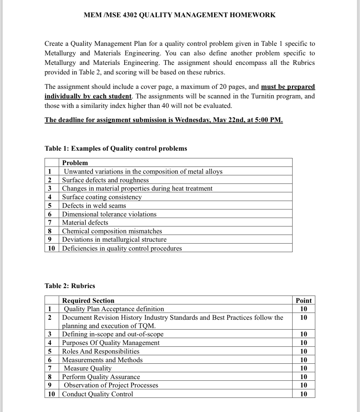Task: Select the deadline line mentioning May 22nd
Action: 163,120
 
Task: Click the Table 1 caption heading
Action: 116,149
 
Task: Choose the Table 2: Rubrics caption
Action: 70,286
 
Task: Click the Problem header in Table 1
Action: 75,163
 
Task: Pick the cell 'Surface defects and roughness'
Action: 105,180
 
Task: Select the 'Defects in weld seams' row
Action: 94,206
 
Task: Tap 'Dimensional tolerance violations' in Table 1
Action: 109,214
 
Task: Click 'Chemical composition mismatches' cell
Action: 112,231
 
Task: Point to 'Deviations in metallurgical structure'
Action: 114,240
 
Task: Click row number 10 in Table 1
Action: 51,248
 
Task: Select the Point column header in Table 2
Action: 303,300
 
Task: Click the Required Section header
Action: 88,300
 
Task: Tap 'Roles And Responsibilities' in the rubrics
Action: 101,351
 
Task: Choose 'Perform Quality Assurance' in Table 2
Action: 101,377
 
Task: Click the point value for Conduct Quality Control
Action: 303,394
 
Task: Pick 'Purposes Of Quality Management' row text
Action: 111,343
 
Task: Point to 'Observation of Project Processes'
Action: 111,385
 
